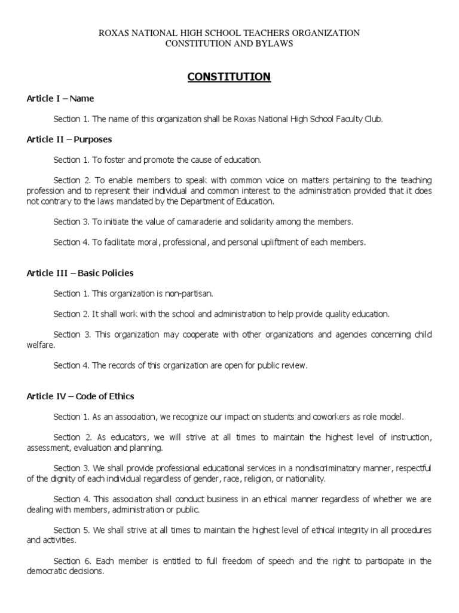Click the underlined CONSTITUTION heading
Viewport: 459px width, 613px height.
tap(229, 77)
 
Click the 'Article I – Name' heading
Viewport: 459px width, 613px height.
tap(60, 98)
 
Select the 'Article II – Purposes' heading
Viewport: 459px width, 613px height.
tap(69, 139)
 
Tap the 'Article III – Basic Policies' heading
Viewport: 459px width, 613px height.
tap(80, 273)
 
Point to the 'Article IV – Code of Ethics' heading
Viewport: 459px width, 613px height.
tap(81, 396)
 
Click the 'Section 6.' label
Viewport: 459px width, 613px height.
tap(70, 562)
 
